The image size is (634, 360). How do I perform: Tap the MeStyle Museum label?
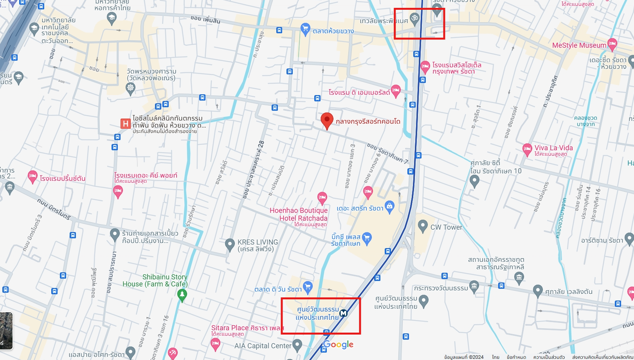tap(579, 45)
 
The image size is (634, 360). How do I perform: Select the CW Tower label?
tap(446, 227)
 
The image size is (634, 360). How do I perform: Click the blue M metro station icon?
tap(344, 313)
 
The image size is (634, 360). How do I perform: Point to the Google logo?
tap(339, 344)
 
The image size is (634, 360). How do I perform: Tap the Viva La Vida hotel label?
tap(553, 148)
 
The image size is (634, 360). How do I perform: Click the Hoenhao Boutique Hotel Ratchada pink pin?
tap(322, 198)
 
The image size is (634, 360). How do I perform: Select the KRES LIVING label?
tap(258, 245)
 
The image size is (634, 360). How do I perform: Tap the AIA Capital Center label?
tap(263, 346)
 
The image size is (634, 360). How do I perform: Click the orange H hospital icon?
tap(125, 124)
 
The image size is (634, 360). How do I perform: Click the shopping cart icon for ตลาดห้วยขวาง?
tap(305, 29)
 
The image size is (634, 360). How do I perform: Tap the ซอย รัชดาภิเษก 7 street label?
tap(387, 153)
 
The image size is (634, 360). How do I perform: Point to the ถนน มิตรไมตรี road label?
tap(54, 209)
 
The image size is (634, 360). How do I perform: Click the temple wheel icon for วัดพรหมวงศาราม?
tap(130, 88)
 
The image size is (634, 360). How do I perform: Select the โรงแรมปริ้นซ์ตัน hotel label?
tap(63, 178)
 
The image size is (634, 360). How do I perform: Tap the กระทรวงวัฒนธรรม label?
tap(441, 288)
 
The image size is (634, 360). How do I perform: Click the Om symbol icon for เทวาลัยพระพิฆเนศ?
tap(414, 18)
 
